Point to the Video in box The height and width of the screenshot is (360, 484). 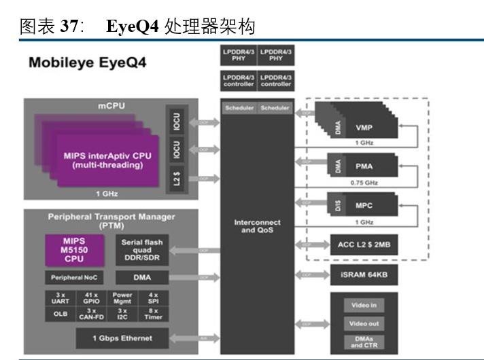click(x=364, y=306)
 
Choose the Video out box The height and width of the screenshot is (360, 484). click(x=364, y=323)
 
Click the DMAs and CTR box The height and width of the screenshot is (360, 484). click(x=364, y=342)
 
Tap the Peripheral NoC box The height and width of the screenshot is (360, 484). click(x=74, y=277)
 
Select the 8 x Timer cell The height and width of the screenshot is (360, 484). click(x=152, y=314)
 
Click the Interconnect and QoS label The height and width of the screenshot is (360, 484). click(x=258, y=226)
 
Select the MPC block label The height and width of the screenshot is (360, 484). click(x=364, y=205)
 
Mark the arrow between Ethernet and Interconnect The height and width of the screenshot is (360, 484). click(x=203, y=338)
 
